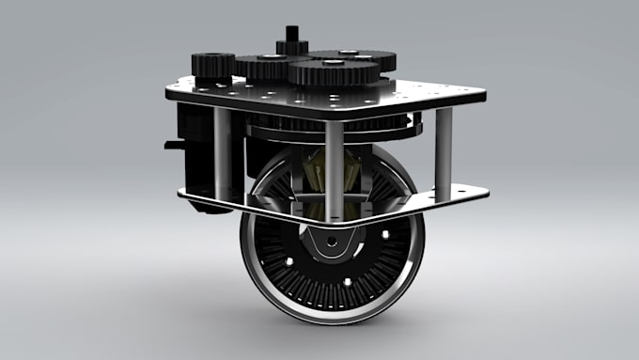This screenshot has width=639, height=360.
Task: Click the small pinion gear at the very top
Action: pos(292,45)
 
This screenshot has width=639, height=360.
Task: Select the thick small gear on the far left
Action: pos(213,65)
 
